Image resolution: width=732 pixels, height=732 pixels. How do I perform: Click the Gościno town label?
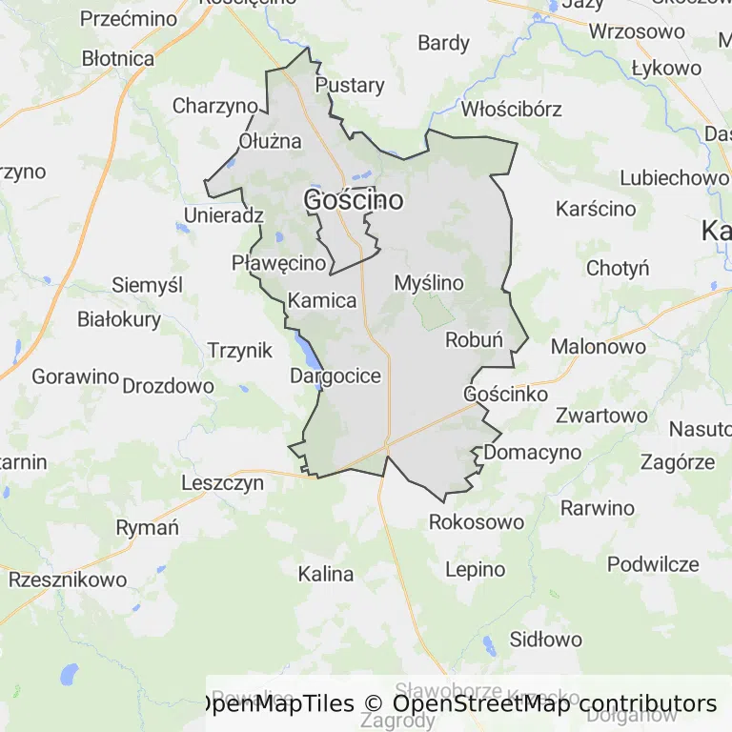pos(353,200)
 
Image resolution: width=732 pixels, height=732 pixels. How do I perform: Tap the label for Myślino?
pos(428,283)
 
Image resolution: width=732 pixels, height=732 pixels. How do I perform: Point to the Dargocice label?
pos(335,376)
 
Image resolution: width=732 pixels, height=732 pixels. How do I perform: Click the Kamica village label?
pos(322,301)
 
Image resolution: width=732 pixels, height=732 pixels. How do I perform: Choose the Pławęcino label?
pos(280,263)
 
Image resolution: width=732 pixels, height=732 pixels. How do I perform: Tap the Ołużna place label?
pos(270,141)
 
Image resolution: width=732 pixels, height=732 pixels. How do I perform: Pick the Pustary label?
pos(350,85)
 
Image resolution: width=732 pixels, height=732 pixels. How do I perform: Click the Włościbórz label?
pos(511,109)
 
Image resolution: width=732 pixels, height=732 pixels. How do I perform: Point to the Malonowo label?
pos(598,346)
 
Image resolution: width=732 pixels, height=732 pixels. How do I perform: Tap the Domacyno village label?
pos(533,452)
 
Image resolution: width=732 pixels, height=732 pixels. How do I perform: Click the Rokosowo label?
pos(477,522)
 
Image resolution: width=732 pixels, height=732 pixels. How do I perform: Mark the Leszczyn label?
pos(222,483)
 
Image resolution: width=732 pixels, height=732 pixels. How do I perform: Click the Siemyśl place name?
pos(147,285)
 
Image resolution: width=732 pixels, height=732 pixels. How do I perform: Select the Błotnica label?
pos(118,58)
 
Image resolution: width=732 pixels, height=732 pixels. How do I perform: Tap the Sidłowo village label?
pos(546,639)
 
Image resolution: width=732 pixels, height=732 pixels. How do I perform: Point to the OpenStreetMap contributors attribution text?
pos(555,704)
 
